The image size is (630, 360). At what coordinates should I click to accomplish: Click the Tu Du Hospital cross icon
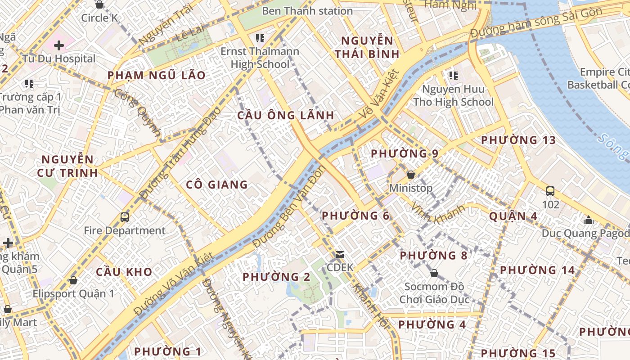click(x=59, y=45)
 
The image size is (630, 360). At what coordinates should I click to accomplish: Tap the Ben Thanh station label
click(x=307, y=11)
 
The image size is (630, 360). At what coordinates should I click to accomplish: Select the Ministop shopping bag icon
click(x=410, y=175)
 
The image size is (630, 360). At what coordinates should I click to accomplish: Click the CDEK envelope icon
click(x=340, y=255)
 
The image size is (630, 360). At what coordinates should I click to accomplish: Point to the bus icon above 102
click(x=550, y=191)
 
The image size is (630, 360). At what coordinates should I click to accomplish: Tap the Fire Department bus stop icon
click(x=125, y=217)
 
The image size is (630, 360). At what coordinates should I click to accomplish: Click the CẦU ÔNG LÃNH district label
click(x=286, y=116)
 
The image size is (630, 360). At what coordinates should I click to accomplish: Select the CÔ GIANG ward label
click(x=217, y=184)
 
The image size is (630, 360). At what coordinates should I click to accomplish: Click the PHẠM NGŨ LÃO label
click(x=156, y=76)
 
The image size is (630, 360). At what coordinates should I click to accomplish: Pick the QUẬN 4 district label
click(x=513, y=216)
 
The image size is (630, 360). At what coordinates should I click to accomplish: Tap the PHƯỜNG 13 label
click(x=518, y=140)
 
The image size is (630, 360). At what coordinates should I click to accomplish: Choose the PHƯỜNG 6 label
click(x=355, y=216)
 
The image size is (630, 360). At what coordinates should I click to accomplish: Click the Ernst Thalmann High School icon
click(x=260, y=38)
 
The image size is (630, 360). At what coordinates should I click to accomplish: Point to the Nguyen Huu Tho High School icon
click(x=453, y=75)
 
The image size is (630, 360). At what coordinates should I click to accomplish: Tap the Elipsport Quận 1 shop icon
click(x=73, y=281)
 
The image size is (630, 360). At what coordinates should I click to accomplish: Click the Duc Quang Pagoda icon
click(x=588, y=220)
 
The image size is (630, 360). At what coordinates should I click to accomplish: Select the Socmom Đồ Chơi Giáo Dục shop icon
click(x=434, y=273)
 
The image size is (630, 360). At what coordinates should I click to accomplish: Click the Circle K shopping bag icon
click(x=99, y=4)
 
